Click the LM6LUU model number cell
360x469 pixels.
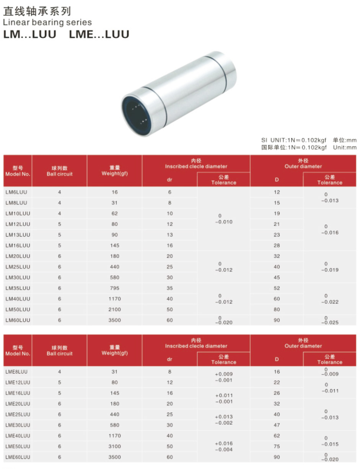pyautogui.click(x=16, y=192)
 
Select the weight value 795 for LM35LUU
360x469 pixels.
pyautogui.click(x=115, y=288)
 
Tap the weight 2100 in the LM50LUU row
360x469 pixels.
pyautogui.click(x=115, y=309)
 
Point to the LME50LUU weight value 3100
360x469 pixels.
pyautogui.click(x=115, y=446)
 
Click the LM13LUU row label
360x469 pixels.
pyautogui.click(x=18, y=235)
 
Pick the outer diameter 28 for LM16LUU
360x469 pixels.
pyautogui.click(x=277, y=245)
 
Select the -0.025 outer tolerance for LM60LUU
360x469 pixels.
pyautogui.click(x=330, y=322)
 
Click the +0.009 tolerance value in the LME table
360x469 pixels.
pyautogui.click(x=224, y=374)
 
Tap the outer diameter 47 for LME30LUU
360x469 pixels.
pyautogui.click(x=277, y=425)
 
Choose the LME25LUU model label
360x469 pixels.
pyautogui.click(x=18, y=414)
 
